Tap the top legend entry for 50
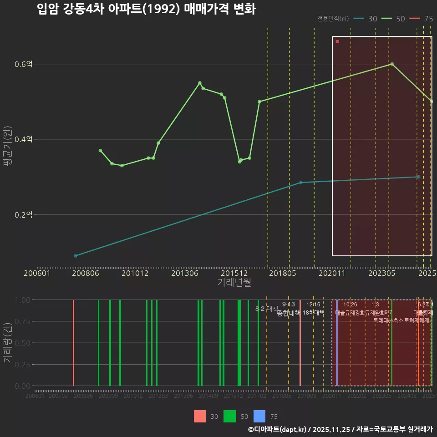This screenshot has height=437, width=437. pyautogui.click(x=394, y=19)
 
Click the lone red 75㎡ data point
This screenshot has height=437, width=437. pyautogui.click(x=337, y=41)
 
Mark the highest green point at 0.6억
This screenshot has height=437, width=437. pyautogui.click(x=392, y=64)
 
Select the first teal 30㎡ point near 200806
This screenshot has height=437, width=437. pyautogui.click(x=76, y=256)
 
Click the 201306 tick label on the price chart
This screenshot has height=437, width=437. pyautogui.click(x=184, y=274)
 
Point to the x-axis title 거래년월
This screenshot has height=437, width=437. pyautogui.click(x=234, y=282)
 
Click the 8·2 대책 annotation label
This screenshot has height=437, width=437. pyautogui.click(x=266, y=308)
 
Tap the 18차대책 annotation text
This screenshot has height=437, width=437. pyautogui.click(x=313, y=313)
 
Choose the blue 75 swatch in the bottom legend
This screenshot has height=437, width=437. pyautogui.click(x=259, y=416)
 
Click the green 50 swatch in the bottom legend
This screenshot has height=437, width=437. pyautogui.click(x=230, y=416)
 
